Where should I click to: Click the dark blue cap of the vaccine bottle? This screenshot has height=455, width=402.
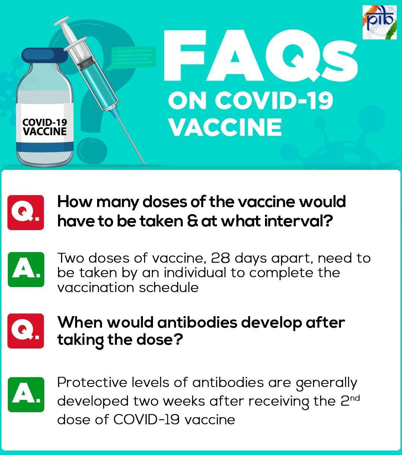point(45,55)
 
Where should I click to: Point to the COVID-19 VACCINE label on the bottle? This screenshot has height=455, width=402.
point(45,127)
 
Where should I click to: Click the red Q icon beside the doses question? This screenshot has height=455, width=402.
point(26,212)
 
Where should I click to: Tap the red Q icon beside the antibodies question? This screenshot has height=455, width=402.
point(26,331)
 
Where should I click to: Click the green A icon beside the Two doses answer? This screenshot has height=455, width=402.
point(26,270)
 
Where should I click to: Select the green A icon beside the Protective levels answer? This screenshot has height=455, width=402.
point(26,395)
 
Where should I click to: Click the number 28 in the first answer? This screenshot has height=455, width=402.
point(220,258)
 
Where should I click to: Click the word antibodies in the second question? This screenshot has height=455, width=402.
point(197,322)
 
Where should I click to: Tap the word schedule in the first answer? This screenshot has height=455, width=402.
point(169,287)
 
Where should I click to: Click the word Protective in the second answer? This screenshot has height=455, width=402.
point(92,382)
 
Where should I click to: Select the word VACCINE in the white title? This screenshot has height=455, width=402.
point(226,127)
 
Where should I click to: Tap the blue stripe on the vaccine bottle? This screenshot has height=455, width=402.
point(45,146)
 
